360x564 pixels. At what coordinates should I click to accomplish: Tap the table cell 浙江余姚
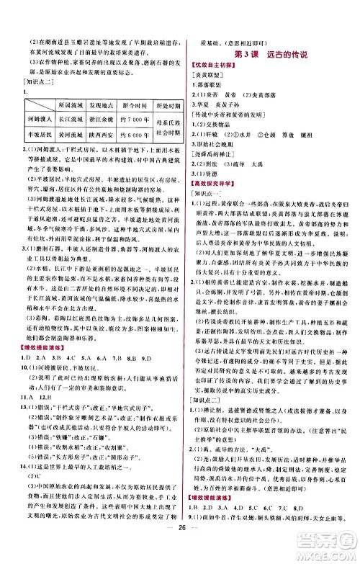(93, 119)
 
